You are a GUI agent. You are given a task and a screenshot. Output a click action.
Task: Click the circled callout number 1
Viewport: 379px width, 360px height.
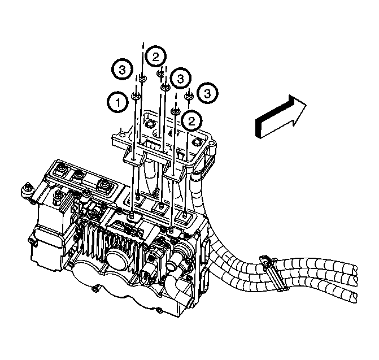click(117, 103)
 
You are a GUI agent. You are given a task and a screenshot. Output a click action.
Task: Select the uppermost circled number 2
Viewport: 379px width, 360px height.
click(156, 56)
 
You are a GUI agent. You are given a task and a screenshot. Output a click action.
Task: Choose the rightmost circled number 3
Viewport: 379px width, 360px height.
click(210, 91)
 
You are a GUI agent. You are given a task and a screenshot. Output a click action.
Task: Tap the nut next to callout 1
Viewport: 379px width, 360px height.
click(136, 96)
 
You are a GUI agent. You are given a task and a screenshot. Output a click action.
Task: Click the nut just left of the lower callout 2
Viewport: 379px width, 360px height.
click(176, 111)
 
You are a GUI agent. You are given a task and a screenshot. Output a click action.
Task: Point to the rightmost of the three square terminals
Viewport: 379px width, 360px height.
click(104, 184)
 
